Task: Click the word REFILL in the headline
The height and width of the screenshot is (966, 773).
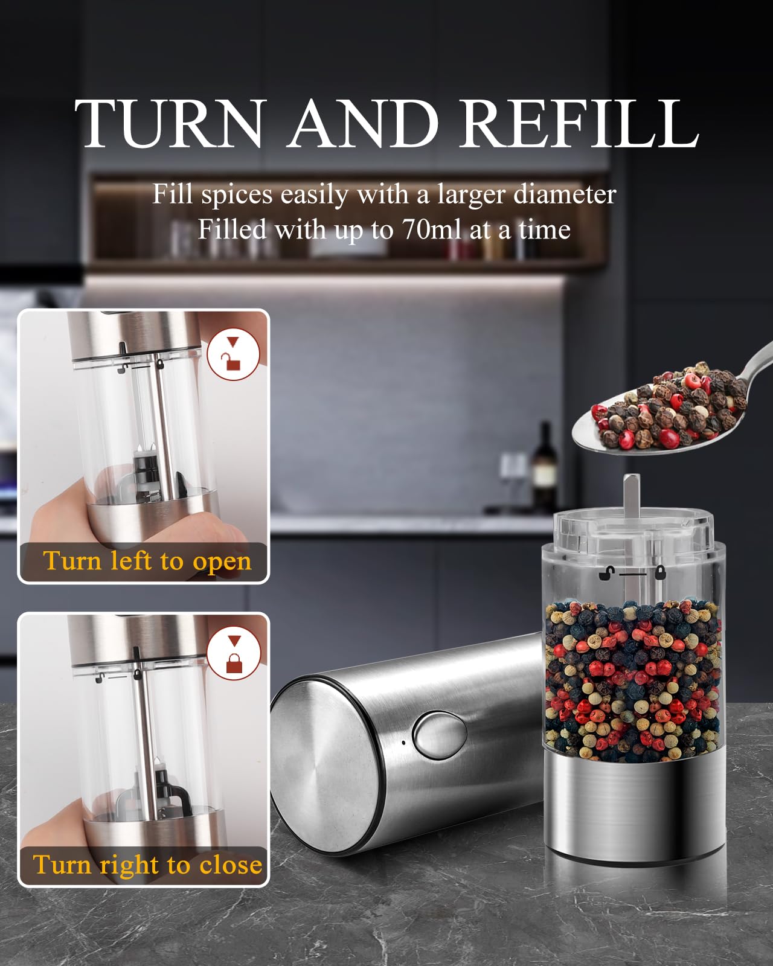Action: point(579,123)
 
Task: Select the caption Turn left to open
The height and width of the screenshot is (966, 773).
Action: point(147,561)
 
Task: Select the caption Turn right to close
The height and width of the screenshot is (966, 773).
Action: point(147,865)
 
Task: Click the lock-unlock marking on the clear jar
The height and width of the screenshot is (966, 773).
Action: point(632,572)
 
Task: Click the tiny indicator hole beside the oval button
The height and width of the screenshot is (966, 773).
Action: point(403,741)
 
